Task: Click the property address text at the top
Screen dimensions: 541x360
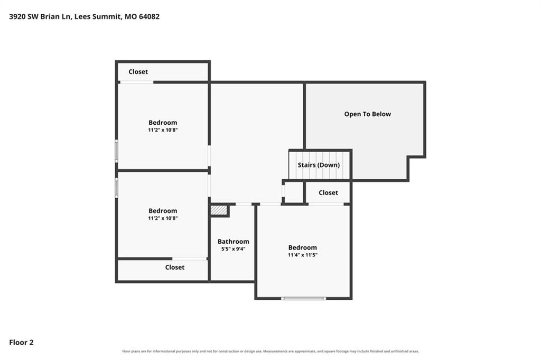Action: point(84,16)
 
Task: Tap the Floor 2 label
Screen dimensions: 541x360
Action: point(21,343)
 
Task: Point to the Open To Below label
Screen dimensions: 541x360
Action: point(368,114)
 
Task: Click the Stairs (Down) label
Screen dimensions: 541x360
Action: point(319,165)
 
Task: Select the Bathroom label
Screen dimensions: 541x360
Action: point(233,242)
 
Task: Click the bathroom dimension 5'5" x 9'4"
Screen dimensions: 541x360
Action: point(233,249)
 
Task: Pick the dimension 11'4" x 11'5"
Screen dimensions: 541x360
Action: point(303,255)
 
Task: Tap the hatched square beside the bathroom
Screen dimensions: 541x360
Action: point(219,210)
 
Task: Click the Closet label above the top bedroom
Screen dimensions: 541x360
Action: point(138,72)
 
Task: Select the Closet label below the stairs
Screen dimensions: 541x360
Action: point(328,192)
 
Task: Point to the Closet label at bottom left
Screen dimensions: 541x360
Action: point(174,267)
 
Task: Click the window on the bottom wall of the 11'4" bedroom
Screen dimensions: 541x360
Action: point(303,299)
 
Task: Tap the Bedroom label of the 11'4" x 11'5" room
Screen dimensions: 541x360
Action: point(303,247)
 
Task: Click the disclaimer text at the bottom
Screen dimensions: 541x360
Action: point(270,352)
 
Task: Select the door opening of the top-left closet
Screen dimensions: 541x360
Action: point(137,82)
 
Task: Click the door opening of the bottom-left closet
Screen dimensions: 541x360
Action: point(190,259)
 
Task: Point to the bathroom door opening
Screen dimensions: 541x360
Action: point(244,205)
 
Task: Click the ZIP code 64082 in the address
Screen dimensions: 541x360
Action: point(149,16)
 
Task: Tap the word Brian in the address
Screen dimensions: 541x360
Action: point(50,16)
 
